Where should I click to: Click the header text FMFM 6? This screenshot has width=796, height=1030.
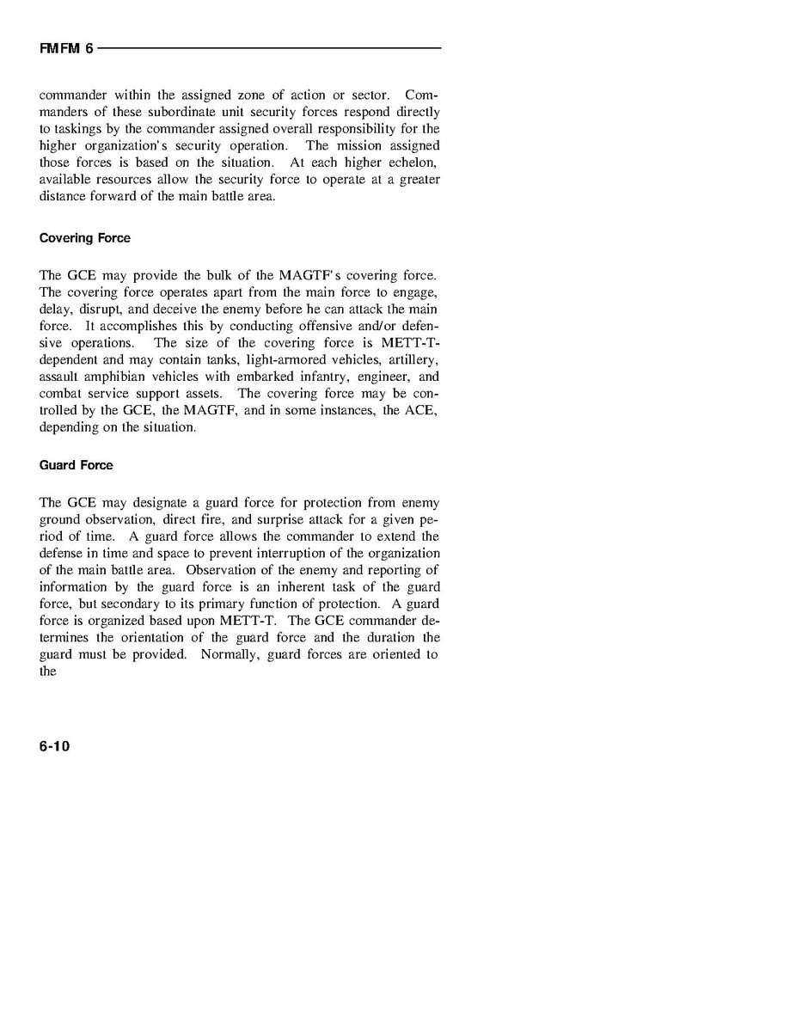[65, 49]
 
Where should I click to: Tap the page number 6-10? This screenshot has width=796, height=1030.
[54, 746]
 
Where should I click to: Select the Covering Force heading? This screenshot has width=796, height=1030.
[85, 238]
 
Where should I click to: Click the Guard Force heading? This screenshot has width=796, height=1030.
[76, 465]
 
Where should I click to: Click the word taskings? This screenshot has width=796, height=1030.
[76, 129]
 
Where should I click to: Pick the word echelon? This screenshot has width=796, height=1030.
[413, 162]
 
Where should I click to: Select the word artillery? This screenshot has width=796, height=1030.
[413, 359]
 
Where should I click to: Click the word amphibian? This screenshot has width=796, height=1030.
[120, 377]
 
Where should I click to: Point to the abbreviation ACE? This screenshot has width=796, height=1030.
[420, 410]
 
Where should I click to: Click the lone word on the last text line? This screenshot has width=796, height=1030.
[48, 671]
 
